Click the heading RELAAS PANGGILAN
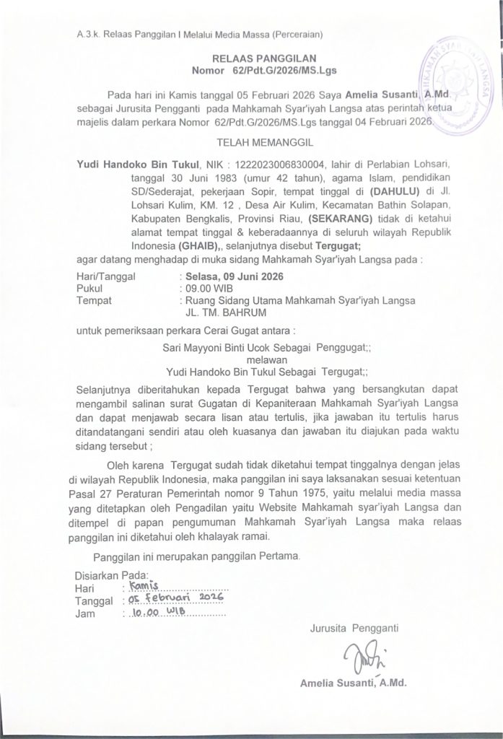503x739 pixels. pyautogui.click(x=253, y=57)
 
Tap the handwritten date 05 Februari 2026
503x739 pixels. pyautogui.click(x=175, y=600)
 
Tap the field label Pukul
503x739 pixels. pyautogui.click(x=89, y=287)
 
